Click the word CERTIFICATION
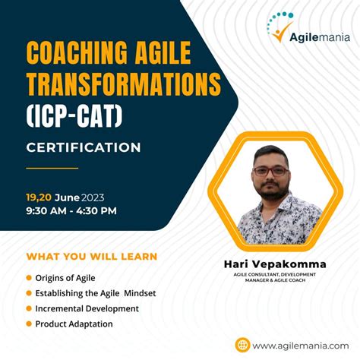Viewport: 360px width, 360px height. (84, 147)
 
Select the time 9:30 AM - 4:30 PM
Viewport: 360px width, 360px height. (71, 210)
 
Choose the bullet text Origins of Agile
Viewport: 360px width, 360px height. (65, 278)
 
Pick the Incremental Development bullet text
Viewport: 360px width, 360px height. (87, 308)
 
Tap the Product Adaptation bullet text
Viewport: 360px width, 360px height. (74, 324)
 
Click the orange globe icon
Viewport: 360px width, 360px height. (242, 345)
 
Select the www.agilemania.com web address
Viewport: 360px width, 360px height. (296, 345)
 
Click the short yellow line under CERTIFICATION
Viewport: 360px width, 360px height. (52, 168)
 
